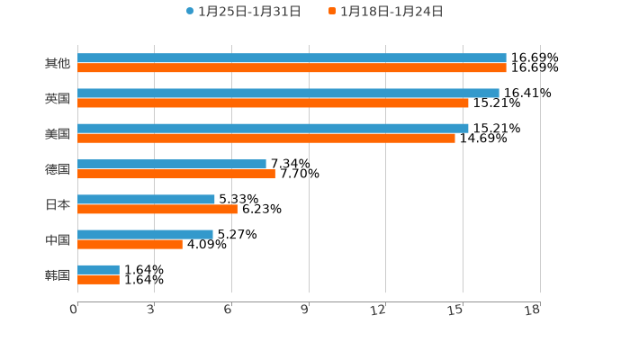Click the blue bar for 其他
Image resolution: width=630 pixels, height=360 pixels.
pos(292,58)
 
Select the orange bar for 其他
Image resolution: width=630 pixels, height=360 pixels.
pos(292,68)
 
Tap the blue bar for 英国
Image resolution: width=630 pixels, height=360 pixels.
pos(288,94)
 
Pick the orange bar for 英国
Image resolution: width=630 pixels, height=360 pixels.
pos(273,103)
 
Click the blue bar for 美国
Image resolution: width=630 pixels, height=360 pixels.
pos(273,129)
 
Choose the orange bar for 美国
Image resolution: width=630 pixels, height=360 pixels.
pos(266,139)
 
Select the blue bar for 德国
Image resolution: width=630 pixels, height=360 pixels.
pos(172,164)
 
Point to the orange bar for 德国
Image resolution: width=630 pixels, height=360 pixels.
pos(176,174)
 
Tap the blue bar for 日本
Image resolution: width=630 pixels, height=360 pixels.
pos(146,199)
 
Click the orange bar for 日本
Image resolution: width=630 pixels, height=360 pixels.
pos(157,209)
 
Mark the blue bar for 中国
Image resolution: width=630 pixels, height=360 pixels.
pos(145,234)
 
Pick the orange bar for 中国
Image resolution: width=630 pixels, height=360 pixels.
pos(130,244)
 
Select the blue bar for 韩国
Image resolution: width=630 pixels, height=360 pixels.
pos(98,269)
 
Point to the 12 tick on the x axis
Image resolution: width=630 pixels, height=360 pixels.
pos(379,310)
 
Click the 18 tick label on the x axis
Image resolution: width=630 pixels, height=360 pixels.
pos(533,310)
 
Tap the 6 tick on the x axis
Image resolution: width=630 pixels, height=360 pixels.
pos(229,310)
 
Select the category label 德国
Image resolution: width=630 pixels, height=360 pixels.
pos(58,169)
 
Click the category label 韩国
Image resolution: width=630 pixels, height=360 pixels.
pos(58,274)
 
